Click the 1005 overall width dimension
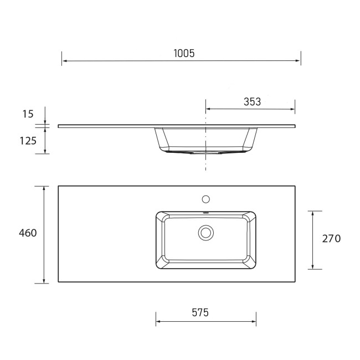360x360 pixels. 183,53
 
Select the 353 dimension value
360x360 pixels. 252,101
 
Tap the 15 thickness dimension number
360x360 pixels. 28,114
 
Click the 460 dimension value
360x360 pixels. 27,233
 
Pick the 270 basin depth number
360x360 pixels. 331,239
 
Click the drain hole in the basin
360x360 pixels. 206,233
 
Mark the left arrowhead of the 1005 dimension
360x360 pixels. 64,60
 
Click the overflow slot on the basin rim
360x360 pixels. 206,213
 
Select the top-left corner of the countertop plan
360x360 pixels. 58,186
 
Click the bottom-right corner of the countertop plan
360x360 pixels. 299,282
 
